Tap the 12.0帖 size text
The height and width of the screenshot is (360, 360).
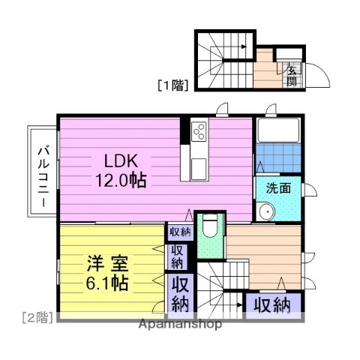click(x=120, y=181)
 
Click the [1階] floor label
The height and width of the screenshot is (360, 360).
click(x=172, y=84)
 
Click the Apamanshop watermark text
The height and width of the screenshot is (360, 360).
click(x=179, y=325)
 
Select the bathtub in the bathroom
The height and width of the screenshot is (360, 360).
click(x=278, y=132)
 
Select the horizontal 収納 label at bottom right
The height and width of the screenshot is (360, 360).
click(x=271, y=304)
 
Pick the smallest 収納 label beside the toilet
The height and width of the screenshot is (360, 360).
click(x=179, y=232)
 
